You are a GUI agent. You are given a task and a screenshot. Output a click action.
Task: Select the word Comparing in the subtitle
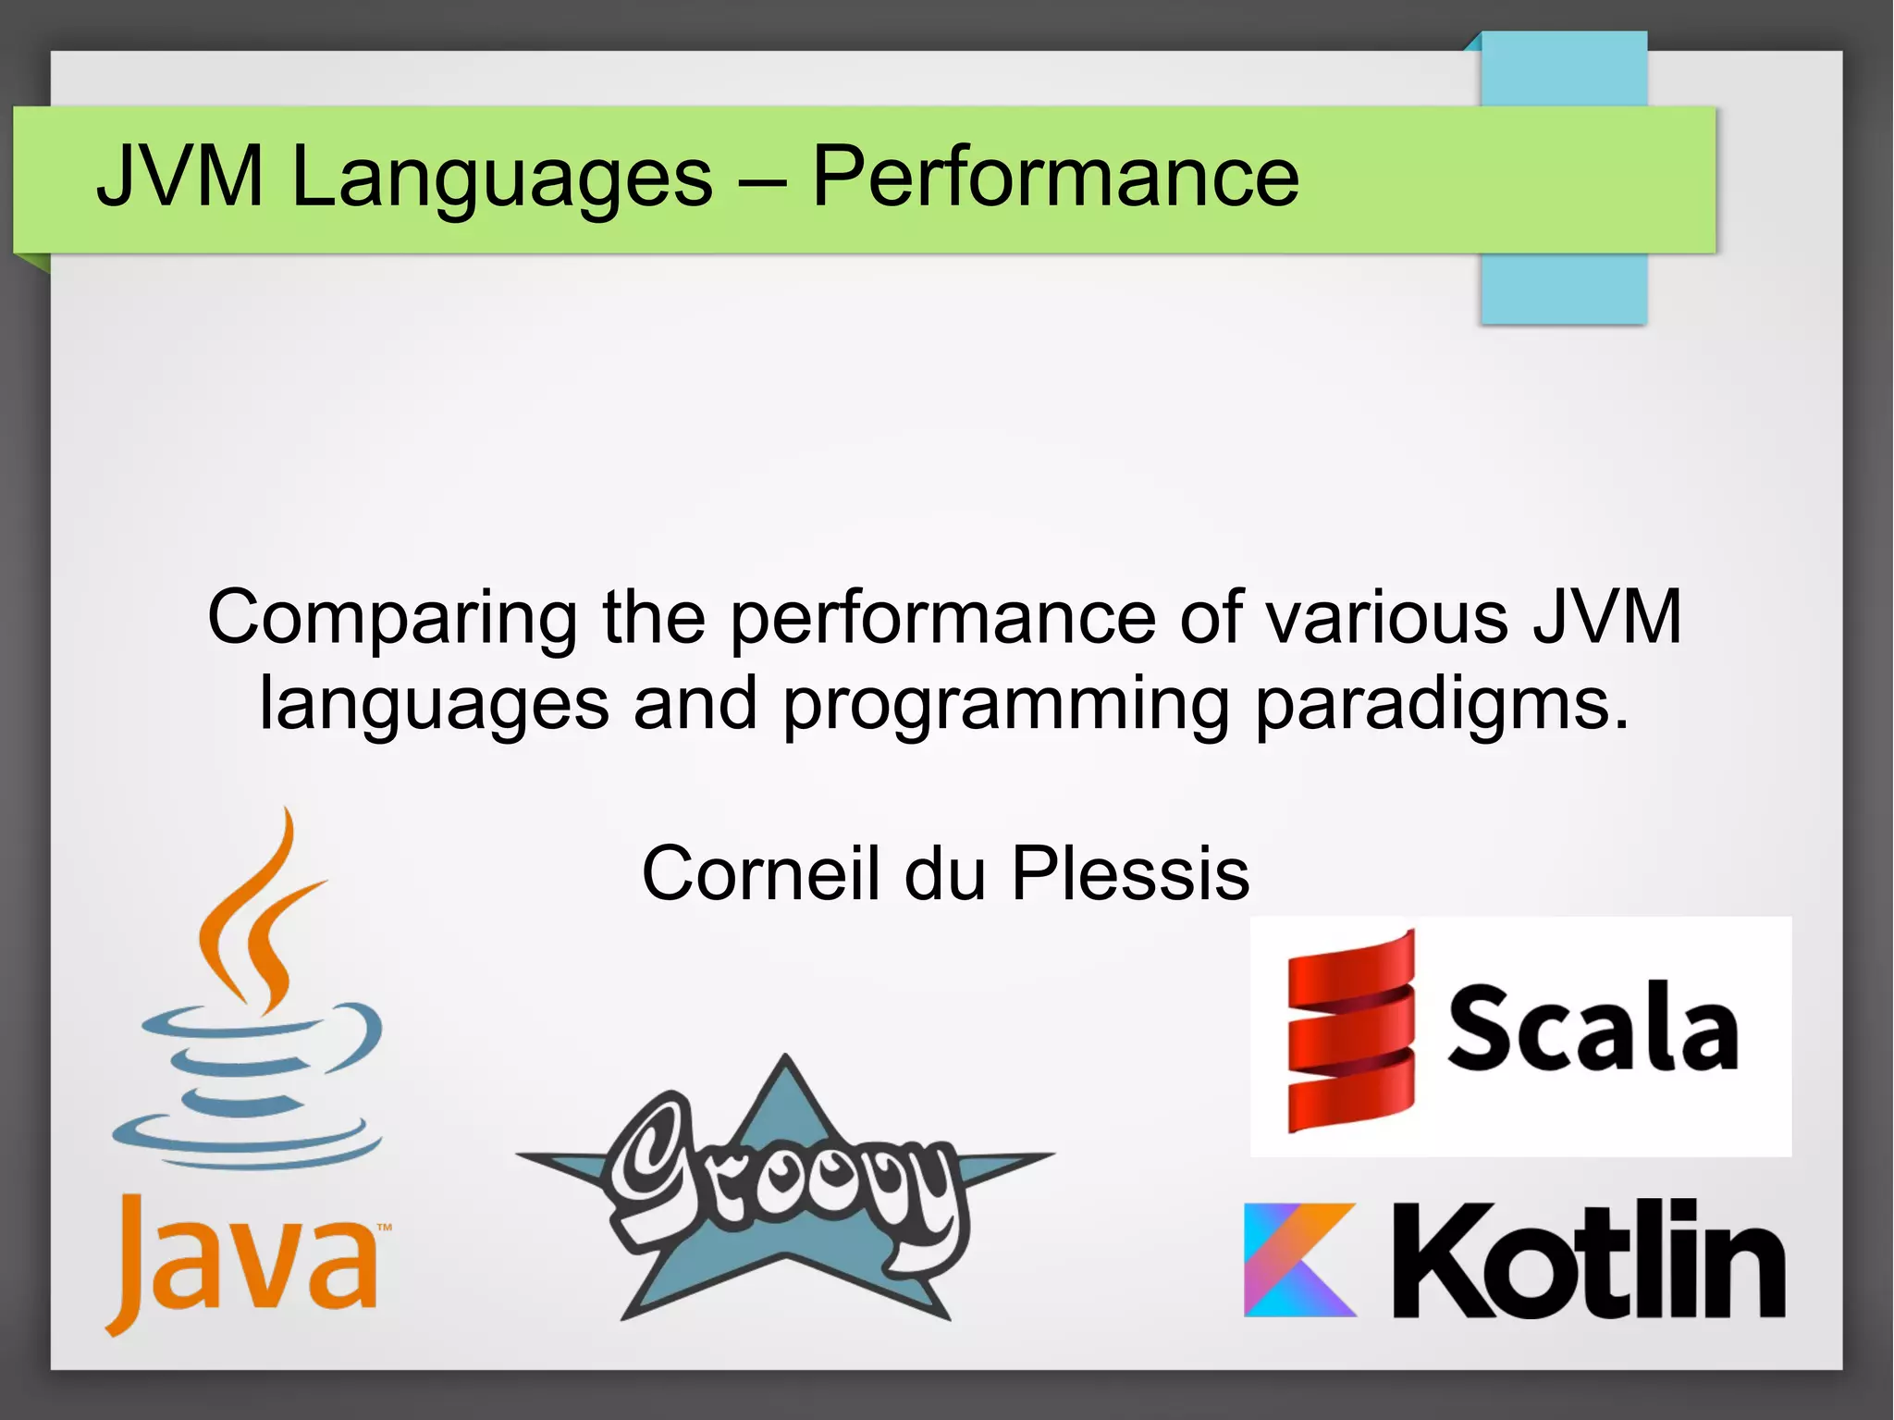tap(392, 619)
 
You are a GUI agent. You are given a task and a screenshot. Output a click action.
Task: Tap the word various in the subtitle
tap(1387, 617)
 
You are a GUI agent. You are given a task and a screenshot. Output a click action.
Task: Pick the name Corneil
tap(759, 873)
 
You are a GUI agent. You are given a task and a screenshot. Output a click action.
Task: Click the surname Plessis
tap(1130, 873)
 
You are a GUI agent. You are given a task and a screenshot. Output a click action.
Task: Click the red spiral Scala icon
tap(1350, 1031)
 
